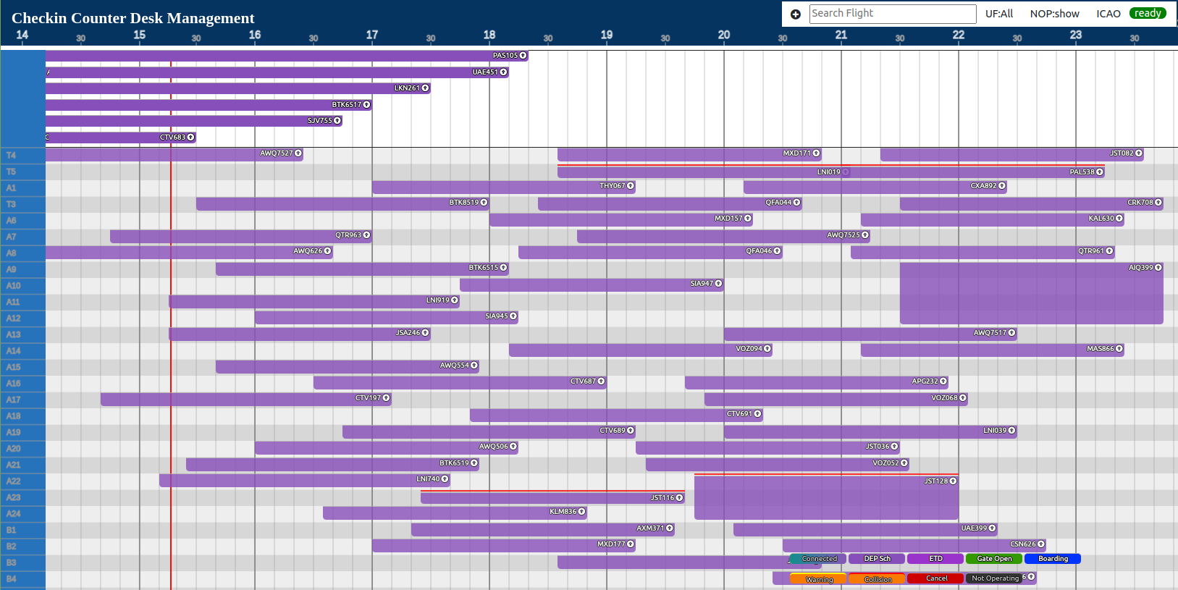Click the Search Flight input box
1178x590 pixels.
[x=892, y=14]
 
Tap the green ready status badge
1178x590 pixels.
[x=1148, y=14]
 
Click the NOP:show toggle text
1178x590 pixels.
[x=1054, y=14]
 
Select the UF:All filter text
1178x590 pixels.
[x=998, y=14]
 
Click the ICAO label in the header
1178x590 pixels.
[x=1108, y=14]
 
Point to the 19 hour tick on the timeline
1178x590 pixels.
[x=607, y=35]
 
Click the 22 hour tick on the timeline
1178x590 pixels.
[x=959, y=35]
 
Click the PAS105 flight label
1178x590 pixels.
[x=505, y=56]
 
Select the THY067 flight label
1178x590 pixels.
[x=612, y=186]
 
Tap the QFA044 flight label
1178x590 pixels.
[x=778, y=203]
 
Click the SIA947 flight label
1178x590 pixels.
[x=702, y=284]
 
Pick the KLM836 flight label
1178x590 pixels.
[x=563, y=512]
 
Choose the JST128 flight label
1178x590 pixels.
[x=935, y=481]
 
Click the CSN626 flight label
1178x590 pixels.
[x=1022, y=544]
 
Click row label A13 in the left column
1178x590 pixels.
[x=13, y=334]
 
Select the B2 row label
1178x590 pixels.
[x=12, y=547]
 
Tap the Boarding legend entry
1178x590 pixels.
[x=1052, y=559]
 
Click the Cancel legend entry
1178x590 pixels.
[x=935, y=578]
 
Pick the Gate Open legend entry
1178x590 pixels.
[x=993, y=559]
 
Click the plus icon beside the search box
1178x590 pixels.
[x=796, y=14]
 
